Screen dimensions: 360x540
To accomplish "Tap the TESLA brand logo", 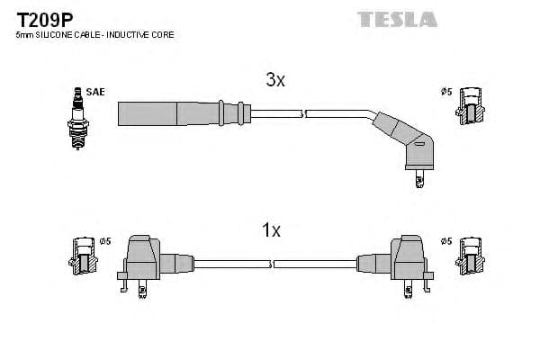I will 397,18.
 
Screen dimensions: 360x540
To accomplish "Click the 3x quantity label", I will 274,80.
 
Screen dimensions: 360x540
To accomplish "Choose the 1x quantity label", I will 271,231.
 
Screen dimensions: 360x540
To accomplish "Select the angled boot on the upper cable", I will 407,142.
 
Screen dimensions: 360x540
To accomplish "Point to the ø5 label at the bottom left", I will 104,240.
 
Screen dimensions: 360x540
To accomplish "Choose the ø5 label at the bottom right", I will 445,240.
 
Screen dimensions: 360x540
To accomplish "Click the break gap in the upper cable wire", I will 303,113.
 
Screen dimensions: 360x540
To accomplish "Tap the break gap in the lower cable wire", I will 270,264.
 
